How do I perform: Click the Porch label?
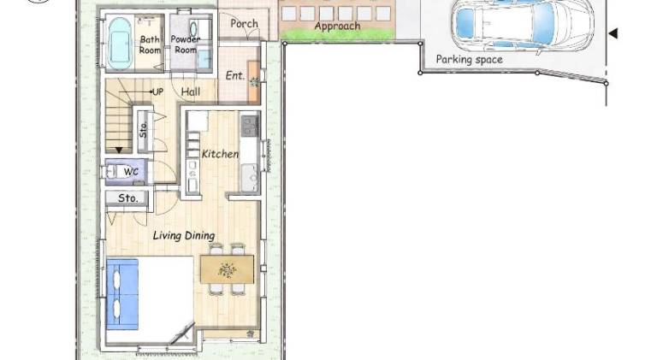click(245, 24)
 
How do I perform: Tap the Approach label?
click(337, 27)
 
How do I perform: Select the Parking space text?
click(470, 60)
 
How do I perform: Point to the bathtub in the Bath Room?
click(120, 43)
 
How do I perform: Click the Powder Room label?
click(186, 44)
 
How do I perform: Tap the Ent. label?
click(235, 76)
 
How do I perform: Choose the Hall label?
click(191, 91)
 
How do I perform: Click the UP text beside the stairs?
click(157, 91)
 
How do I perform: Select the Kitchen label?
click(221, 154)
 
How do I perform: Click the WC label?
click(131, 172)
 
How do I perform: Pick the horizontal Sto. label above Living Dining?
click(127, 198)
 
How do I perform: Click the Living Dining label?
click(184, 236)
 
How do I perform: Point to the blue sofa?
click(122, 294)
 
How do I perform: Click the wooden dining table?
click(227, 269)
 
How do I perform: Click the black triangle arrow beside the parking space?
click(613, 33)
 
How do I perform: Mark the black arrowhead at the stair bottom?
click(119, 150)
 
